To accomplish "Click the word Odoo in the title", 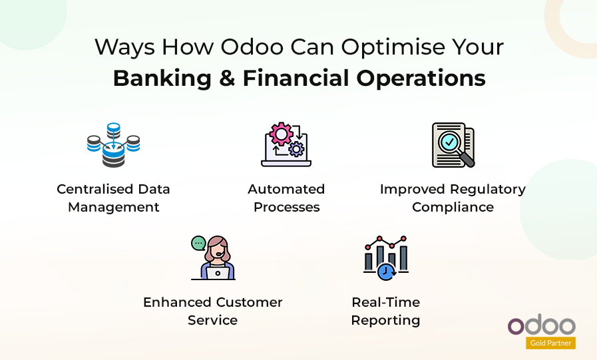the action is pos(252,47).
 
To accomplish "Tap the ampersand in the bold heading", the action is pos(227,79).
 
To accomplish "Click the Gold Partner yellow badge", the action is pos(550,343).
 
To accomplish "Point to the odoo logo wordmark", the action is pos(541,325).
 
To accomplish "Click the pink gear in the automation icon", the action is pos(281,134).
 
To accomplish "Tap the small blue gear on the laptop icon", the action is pos(296,149).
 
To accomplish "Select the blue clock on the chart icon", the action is pos(386,271).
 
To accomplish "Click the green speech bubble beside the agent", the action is pos(198,243).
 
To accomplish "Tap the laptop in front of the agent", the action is pos(218,273).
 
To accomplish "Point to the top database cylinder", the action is pos(113,129).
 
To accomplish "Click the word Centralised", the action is pos(95,189).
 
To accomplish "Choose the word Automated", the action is pos(286,189).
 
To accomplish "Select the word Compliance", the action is pos(453,208).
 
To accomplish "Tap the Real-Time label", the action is pos(386,302).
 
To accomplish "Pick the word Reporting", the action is pos(386,321).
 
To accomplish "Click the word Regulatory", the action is pos(488,190).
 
